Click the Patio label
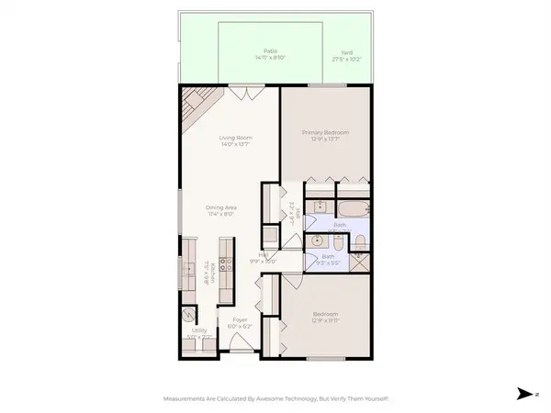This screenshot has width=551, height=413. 270,51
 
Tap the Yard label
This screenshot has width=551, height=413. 347,51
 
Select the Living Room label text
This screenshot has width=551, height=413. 235,138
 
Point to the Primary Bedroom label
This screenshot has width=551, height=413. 328,132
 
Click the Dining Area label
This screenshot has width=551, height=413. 221,208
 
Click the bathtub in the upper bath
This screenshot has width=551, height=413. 353,206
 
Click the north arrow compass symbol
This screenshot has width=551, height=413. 523,393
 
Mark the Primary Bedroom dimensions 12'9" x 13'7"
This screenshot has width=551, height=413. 328,139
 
